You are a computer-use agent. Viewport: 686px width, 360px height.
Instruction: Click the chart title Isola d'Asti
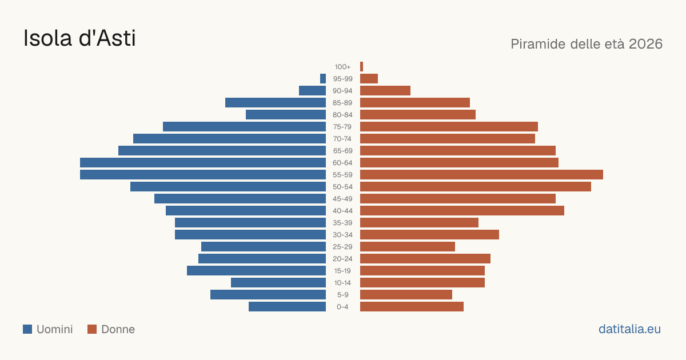point(79,38)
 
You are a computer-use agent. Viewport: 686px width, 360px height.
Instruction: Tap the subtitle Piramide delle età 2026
point(587,44)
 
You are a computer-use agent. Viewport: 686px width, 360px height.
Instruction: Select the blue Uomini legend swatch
point(27,329)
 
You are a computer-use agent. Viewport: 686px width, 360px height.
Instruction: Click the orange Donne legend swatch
point(92,329)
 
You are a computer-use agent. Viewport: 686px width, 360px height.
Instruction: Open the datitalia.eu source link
point(629,329)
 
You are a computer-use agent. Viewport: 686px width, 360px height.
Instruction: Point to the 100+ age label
point(342,67)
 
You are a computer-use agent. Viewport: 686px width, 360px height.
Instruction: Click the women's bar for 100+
point(361,67)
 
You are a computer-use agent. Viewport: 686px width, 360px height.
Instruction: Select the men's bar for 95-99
point(323,79)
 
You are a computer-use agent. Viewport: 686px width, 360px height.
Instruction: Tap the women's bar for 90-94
point(385,91)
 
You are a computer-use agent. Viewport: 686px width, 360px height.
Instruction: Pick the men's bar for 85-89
point(276,102)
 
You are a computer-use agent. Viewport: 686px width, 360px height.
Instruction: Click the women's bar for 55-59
point(481,174)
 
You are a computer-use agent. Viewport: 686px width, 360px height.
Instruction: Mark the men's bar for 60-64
point(203,162)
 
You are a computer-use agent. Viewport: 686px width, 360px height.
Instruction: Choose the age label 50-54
point(342,187)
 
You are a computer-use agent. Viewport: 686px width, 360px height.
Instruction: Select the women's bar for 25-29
point(408,247)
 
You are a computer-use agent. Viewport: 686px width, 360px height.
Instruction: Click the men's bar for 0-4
point(287,307)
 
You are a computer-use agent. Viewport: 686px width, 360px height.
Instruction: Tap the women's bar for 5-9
point(406,295)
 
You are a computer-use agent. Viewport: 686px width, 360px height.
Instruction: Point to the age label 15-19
point(342,271)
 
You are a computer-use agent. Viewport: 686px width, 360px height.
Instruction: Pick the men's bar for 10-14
point(278,282)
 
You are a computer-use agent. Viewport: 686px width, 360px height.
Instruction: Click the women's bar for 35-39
point(419,222)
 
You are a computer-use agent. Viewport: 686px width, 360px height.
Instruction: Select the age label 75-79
point(342,127)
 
